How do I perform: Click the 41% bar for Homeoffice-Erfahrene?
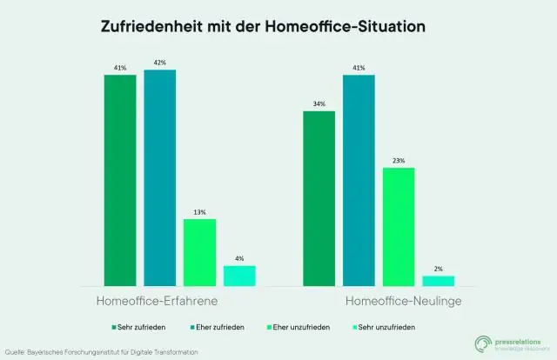120,180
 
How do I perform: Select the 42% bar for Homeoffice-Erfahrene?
160,177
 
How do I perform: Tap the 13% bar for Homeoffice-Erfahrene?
199,251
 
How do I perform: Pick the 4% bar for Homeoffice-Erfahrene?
239,275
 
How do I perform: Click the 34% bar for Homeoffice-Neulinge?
319,197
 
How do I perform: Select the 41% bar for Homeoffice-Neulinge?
359,180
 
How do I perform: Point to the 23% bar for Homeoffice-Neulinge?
399,226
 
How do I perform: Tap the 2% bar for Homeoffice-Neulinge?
439,280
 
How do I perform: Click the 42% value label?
160,63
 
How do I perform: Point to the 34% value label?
319,104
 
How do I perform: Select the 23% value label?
399,160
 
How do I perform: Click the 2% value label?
439,269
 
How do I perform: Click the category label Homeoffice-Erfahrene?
156,301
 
